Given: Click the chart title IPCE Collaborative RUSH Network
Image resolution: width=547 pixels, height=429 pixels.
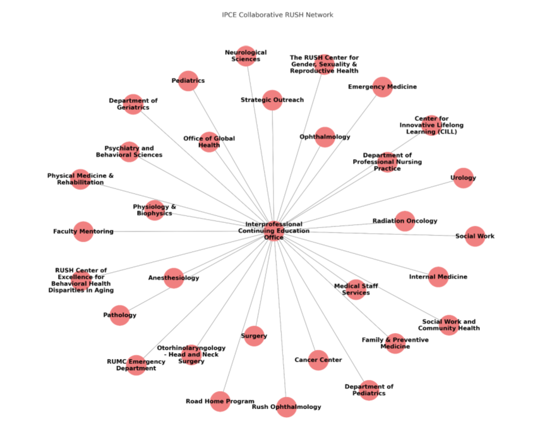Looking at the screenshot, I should click(277, 15).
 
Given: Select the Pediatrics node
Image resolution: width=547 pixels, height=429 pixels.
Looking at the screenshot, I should click(188, 81).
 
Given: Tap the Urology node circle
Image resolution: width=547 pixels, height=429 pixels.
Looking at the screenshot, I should click(463, 178).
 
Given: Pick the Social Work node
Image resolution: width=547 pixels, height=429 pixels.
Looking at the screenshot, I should click(475, 236).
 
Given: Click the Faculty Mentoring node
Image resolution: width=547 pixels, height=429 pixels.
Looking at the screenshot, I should click(83, 231).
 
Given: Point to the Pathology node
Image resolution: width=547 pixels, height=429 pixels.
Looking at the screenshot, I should click(120, 315).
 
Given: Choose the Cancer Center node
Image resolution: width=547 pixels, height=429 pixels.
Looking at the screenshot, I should click(318, 360).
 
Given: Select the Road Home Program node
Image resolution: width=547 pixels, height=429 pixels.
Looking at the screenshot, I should click(220, 401).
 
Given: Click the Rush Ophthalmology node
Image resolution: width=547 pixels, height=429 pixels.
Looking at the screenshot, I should click(286, 407).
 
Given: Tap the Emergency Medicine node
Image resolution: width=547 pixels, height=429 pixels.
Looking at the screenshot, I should click(382, 87).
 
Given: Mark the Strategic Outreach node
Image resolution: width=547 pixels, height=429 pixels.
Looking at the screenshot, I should click(272, 100).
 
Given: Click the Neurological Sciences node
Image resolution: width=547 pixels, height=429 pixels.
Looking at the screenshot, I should click(246, 56).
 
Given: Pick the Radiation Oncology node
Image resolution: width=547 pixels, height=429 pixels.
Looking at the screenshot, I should click(404, 221).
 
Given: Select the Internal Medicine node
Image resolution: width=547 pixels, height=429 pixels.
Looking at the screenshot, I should click(438, 277).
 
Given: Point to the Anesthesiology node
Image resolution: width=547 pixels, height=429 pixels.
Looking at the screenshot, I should click(174, 278).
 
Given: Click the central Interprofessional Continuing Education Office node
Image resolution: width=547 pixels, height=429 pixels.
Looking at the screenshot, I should click(273, 230).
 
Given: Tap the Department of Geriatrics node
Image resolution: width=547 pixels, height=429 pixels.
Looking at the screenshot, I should click(133, 104).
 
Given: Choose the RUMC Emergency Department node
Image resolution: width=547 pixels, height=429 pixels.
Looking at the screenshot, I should click(136, 365).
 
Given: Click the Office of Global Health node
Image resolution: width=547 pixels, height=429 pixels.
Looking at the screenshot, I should click(209, 142).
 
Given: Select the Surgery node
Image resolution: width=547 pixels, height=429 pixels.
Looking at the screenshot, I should click(254, 336).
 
